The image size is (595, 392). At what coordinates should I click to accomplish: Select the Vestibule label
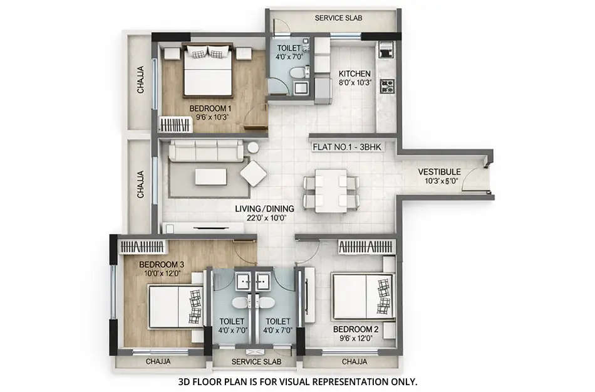point(440,171)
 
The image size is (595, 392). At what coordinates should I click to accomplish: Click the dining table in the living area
point(330,189)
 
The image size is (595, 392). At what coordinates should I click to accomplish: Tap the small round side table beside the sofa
point(253,148)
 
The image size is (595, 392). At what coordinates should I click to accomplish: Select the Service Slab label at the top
point(338,18)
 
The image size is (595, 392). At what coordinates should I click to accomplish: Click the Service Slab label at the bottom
point(256,362)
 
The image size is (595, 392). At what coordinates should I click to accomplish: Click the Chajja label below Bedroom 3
point(158,362)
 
